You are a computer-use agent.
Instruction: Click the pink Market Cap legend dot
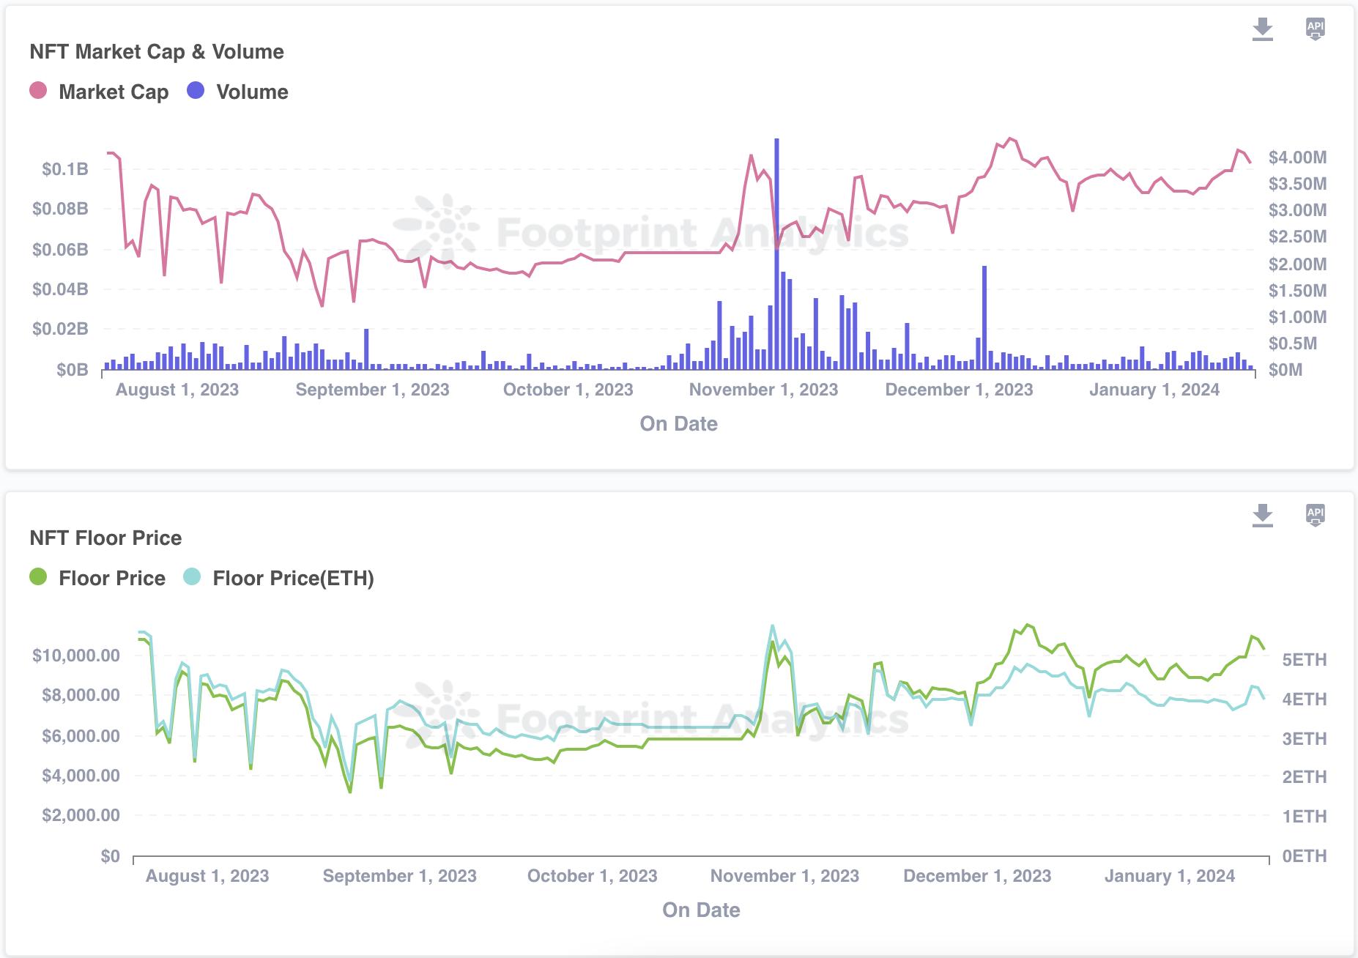[x=38, y=91]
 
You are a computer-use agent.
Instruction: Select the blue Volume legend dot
[x=196, y=91]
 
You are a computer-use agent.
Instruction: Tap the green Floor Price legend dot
[x=38, y=577]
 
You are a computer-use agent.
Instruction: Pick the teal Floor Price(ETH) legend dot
[x=192, y=577]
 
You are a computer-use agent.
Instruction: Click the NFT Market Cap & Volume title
[x=156, y=51]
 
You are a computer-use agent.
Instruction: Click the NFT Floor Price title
[x=105, y=538]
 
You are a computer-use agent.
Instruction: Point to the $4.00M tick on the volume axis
[x=1297, y=157]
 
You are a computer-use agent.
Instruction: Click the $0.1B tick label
[x=64, y=169]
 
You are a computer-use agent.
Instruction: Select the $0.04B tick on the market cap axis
[x=60, y=289]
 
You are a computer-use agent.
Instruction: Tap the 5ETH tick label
[x=1304, y=660]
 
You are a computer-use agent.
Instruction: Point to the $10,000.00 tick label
[x=76, y=655]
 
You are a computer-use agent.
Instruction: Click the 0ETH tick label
[x=1304, y=855]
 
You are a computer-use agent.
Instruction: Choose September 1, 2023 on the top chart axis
[x=372, y=390]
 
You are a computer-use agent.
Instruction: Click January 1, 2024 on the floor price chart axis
[x=1169, y=876]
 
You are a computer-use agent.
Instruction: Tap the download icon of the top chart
[x=1262, y=29]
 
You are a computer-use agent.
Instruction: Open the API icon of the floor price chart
[x=1315, y=515]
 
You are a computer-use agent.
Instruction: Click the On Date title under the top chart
[x=678, y=423]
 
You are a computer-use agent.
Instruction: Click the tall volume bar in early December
[x=984, y=318]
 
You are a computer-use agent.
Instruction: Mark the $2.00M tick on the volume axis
[x=1297, y=264]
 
